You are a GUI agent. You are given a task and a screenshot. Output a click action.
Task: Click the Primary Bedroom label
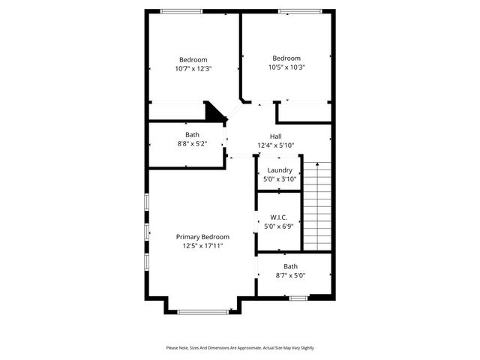202,237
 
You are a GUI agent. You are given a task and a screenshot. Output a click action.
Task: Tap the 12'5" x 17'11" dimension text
202,246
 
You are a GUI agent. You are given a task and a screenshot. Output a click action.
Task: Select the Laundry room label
280,170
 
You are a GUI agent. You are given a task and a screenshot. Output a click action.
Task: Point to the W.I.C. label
280,217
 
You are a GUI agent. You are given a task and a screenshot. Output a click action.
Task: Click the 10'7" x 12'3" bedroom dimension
193,68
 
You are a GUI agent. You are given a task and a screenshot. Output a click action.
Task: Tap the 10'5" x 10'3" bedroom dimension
286,67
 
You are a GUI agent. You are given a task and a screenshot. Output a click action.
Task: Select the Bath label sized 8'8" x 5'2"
193,135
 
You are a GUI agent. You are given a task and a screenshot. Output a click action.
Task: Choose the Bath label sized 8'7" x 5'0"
290,266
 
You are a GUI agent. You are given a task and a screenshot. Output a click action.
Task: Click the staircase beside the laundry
316,206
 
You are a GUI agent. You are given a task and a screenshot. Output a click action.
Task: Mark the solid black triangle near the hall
215,112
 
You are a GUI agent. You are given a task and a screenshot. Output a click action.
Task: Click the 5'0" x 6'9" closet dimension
280,226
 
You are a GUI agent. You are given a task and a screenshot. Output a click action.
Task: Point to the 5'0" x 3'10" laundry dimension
280,179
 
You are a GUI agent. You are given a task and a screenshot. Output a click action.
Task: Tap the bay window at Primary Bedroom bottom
202,312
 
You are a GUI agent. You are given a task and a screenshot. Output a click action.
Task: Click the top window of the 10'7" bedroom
181,10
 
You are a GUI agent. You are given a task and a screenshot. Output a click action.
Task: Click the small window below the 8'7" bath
298,298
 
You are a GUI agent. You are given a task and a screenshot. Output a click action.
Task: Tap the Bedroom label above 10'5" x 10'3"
286,58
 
